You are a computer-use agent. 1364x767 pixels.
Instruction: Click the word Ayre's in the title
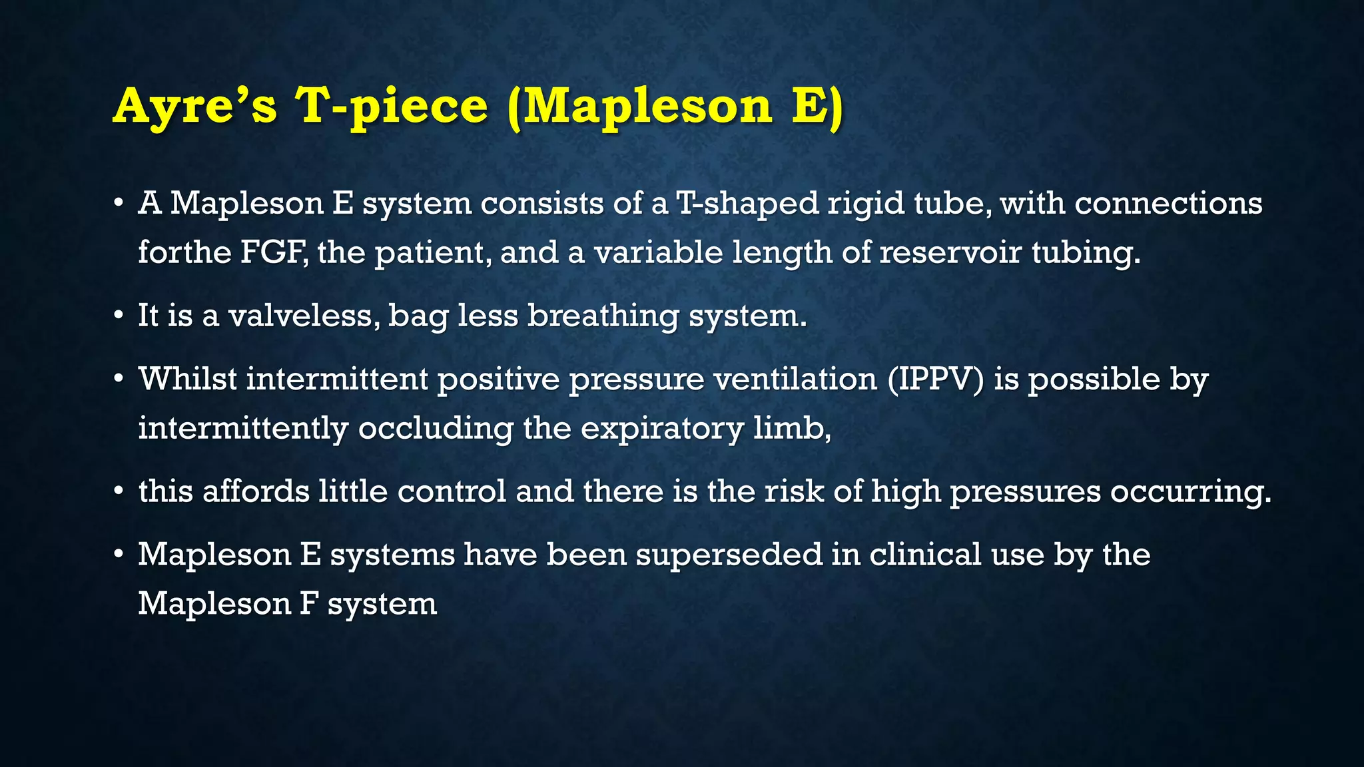[x=194, y=107]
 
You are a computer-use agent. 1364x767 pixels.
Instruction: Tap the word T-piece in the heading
[x=392, y=107]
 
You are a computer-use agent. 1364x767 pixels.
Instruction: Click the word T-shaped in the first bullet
[x=747, y=203]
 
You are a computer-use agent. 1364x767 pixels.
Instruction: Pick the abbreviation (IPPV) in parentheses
[x=935, y=380]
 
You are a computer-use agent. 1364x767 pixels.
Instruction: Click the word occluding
[x=436, y=428]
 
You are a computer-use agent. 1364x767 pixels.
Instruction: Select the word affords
[x=256, y=492]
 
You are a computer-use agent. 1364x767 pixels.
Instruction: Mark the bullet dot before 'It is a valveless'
[x=119, y=316]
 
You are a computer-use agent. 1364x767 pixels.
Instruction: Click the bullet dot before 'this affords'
[x=119, y=492]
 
